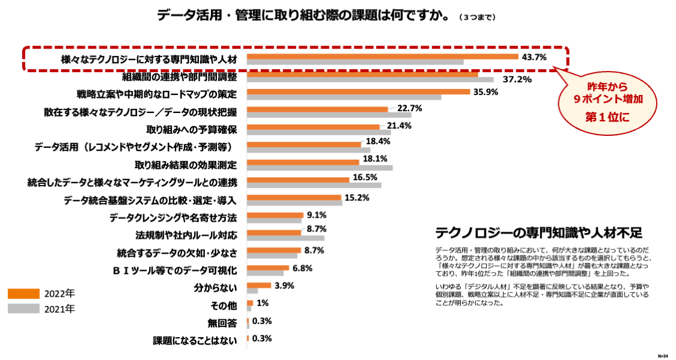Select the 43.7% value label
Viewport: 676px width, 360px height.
534,58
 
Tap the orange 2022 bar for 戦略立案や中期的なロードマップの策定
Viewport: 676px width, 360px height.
358,92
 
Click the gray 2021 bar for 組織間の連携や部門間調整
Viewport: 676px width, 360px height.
370,79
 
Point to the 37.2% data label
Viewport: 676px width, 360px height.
517,79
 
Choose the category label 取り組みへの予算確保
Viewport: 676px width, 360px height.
191,129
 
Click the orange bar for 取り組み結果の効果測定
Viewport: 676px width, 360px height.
303,162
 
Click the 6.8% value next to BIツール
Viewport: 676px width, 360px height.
302,268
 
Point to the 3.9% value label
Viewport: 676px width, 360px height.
284,286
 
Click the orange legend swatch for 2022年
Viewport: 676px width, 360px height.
23,294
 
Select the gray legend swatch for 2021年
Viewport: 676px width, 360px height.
23,309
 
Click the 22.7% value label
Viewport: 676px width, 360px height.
410,108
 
